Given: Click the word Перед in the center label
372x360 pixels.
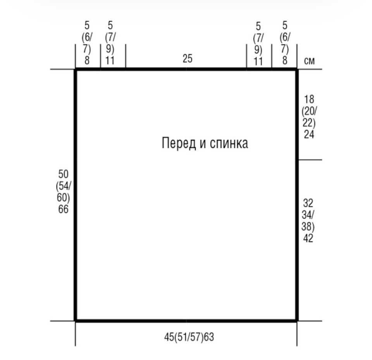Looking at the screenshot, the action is (x=179, y=143).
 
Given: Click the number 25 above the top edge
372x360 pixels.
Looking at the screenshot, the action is (x=188, y=58).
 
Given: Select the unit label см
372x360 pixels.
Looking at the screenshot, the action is (x=309, y=61).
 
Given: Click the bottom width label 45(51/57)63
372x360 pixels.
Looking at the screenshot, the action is (x=189, y=337).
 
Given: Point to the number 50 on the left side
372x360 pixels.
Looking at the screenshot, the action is (x=63, y=174).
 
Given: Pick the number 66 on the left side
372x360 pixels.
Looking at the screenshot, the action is (x=63, y=209).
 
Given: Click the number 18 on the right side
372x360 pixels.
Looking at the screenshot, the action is (x=309, y=99).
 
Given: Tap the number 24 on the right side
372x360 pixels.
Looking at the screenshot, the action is (x=309, y=134).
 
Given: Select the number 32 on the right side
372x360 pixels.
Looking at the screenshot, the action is (x=308, y=203).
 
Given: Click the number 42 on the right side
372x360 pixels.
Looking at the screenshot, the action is (x=308, y=238).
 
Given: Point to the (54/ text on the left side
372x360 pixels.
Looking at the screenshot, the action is (x=63, y=186).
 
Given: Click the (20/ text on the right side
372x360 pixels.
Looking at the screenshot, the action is (x=309, y=111).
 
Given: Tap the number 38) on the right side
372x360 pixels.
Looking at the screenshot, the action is (x=308, y=226).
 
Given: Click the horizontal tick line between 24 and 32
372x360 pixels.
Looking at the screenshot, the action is (x=310, y=160).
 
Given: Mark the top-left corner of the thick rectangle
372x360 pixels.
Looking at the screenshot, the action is (x=76, y=69).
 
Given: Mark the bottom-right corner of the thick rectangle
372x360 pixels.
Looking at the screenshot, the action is (x=297, y=321).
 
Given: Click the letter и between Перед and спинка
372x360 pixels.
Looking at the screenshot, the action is (x=203, y=144).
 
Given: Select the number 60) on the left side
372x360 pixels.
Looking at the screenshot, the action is (x=63, y=198).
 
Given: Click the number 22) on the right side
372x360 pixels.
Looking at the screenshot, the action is (x=309, y=123).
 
